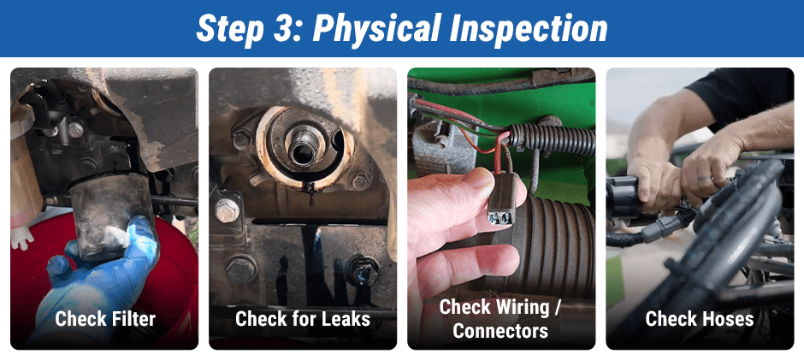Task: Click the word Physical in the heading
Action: [381, 29]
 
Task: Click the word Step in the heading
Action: [229, 29]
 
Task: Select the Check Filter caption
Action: [105, 319]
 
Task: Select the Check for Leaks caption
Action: [303, 319]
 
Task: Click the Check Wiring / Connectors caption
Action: [500, 318]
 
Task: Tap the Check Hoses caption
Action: [700, 319]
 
